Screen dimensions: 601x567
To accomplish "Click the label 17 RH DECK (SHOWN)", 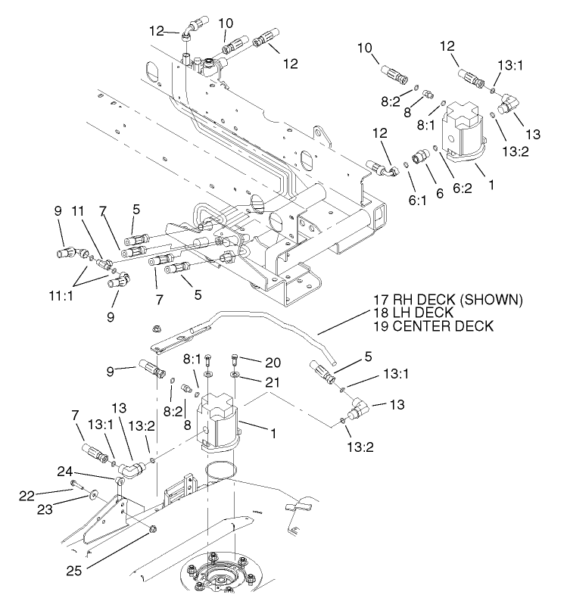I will pos(447,300).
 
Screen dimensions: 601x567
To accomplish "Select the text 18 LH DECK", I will pos(413,313).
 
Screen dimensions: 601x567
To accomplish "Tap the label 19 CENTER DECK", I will pos(434,326).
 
